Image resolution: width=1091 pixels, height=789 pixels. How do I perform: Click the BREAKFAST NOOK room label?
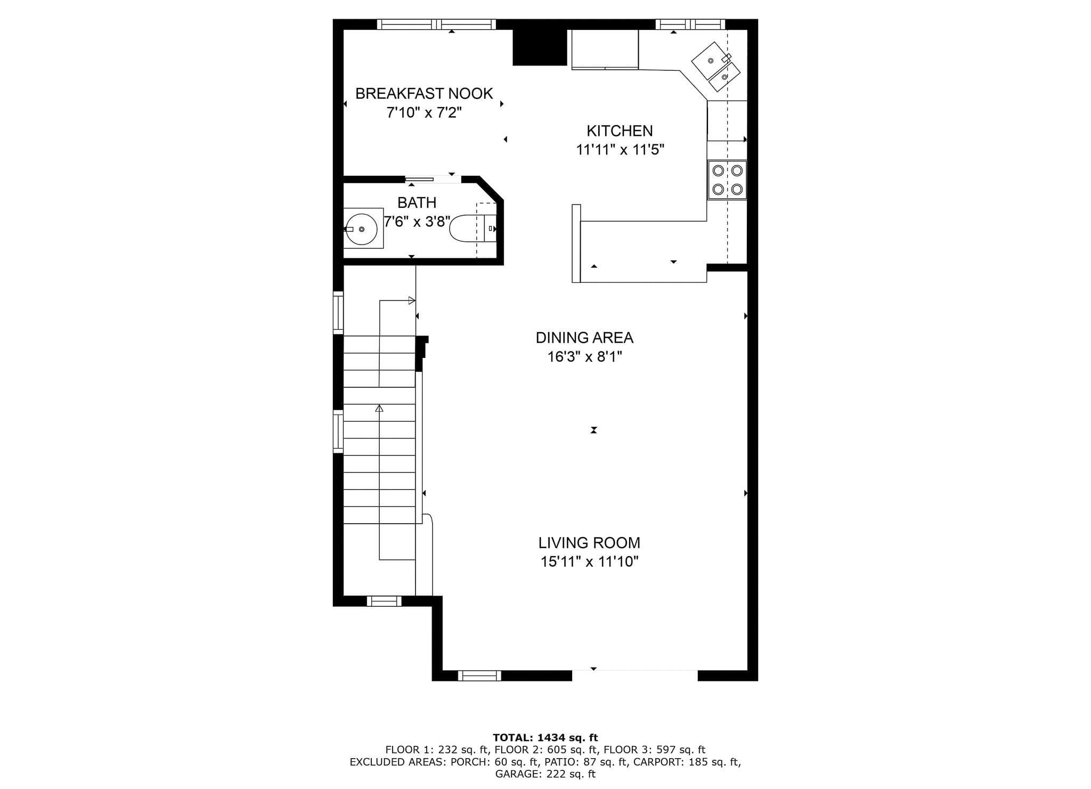424,94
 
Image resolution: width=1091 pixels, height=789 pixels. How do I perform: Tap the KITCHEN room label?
620,131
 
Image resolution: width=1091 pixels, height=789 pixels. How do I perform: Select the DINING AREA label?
584,338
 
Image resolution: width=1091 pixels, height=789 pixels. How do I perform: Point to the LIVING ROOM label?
589,543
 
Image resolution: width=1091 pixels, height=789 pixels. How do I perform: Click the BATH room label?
417,203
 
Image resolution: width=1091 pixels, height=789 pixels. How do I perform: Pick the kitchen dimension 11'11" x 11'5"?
620,150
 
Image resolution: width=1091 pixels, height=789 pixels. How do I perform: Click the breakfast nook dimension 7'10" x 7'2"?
424,113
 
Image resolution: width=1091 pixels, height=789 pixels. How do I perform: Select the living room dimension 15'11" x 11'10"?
589,562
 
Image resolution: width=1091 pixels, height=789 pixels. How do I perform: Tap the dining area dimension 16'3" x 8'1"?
585,356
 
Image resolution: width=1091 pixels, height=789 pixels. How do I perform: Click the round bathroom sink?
362,229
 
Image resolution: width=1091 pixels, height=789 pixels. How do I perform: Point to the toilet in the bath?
473,229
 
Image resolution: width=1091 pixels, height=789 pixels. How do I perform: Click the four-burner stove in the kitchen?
727,180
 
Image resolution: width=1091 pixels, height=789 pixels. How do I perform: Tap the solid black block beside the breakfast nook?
539,47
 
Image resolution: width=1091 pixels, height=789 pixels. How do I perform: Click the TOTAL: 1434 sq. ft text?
545,738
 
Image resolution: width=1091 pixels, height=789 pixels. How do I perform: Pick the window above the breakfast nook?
436,24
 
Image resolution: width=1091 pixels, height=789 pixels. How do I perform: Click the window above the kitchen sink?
690,24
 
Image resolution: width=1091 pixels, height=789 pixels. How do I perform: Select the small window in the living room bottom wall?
479,676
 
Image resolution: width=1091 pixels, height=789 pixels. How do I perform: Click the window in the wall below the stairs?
384,601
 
